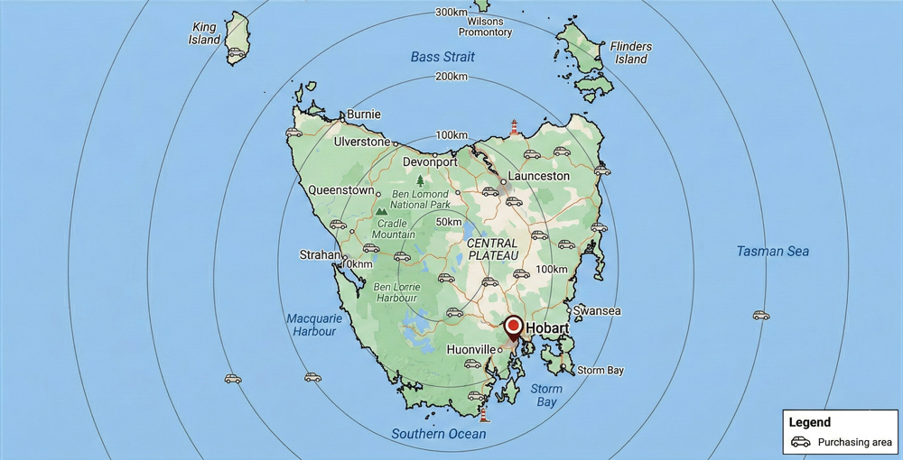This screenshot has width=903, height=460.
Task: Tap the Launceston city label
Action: [x=539, y=176]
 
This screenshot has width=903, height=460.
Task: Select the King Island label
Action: [x=204, y=34]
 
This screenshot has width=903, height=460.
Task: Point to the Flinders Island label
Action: [x=631, y=52]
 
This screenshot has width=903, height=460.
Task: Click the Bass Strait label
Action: [x=442, y=57]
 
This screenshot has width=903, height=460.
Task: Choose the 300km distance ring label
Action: [x=451, y=12]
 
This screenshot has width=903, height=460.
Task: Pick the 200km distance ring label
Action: [x=451, y=76]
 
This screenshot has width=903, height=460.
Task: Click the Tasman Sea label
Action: [x=772, y=251]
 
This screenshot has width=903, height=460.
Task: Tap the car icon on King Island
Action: [x=237, y=53]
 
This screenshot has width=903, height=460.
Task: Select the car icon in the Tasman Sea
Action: [x=761, y=316]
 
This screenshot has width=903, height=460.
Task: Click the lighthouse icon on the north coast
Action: [x=515, y=126]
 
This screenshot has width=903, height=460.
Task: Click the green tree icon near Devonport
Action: [x=420, y=180]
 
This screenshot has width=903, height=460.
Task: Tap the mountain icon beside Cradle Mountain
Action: [x=381, y=212]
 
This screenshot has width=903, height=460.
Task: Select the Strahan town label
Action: [x=319, y=255]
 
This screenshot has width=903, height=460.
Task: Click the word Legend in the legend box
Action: [x=809, y=422]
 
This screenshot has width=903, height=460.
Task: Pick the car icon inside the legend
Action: [x=801, y=442]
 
